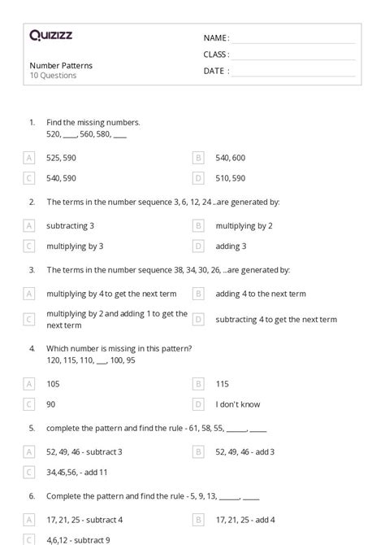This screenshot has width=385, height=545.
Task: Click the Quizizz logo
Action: click(50, 35)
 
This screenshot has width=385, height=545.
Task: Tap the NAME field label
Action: click(216, 37)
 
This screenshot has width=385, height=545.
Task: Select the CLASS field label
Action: click(216, 54)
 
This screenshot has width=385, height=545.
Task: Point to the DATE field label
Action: click(216, 71)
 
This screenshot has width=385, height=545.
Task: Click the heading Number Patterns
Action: click(61, 65)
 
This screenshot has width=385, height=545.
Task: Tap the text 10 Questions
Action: click(53, 76)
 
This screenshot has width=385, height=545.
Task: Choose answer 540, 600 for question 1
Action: click(231, 158)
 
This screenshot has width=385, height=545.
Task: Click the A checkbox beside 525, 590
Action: click(29, 158)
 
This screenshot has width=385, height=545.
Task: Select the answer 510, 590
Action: click(231, 178)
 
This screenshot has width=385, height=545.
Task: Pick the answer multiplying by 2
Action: click(244, 225)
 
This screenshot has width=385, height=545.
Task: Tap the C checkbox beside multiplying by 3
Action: click(29, 246)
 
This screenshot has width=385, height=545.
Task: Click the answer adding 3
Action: click(231, 246)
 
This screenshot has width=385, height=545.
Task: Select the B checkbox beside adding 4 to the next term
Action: click(198, 294)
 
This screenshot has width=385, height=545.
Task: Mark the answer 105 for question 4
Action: click(54, 383)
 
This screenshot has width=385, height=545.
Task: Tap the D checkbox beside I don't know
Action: click(198, 403)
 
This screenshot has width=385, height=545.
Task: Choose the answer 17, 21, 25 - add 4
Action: click(245, 519)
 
